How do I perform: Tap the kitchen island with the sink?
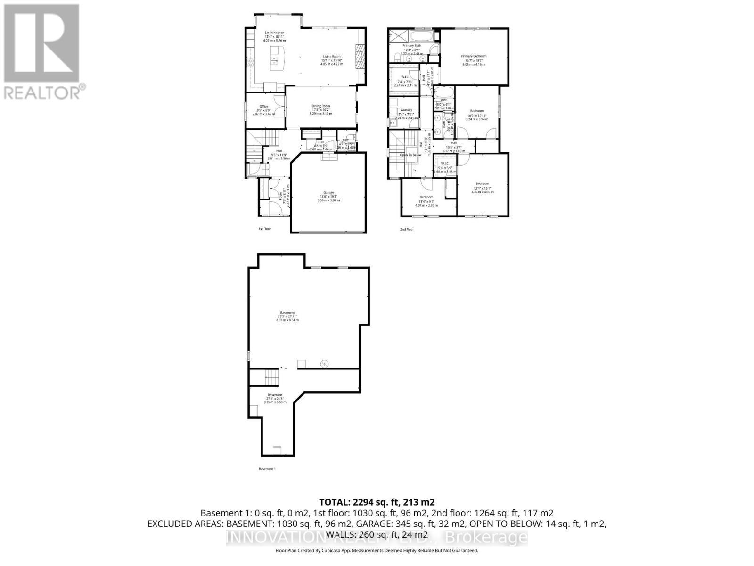point(278,57)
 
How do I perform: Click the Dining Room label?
point(320,106)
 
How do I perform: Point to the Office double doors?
point(281,108)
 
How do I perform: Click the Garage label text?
point(328,192)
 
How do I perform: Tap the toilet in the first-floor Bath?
point(352,146)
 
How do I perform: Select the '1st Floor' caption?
point(264,229)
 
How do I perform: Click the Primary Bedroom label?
point(474,56)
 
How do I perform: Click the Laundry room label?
point(406,110)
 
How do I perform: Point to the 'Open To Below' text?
point(410,155)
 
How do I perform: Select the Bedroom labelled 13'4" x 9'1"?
point(426,197)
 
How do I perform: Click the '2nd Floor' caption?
point(407,230)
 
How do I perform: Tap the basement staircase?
point(272,377)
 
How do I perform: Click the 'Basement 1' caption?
point(267,469)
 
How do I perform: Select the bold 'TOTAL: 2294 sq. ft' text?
point(377,502)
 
